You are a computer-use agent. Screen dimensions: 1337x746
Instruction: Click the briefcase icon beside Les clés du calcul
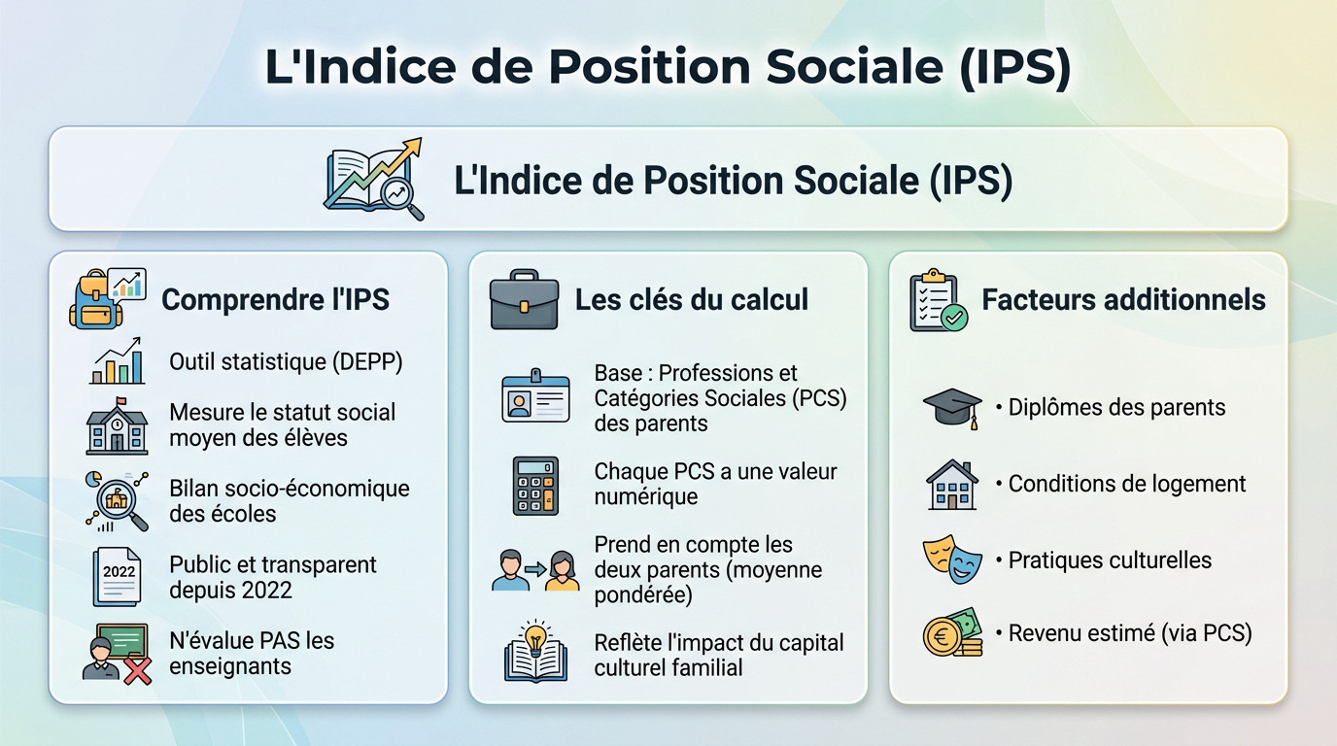524,299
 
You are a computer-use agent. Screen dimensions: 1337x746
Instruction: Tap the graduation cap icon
952,408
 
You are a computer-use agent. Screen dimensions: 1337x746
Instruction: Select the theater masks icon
952,559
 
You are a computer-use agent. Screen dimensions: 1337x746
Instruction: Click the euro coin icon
942,637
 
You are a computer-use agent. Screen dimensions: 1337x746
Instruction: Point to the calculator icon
535,486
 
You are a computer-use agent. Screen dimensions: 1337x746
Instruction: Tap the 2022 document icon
117,577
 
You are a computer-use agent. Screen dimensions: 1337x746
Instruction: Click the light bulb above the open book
535,637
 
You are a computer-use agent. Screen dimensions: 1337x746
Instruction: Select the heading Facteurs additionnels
1123,299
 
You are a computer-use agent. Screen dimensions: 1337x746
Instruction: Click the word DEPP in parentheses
367,361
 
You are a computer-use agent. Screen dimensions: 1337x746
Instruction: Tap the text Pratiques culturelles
1110,560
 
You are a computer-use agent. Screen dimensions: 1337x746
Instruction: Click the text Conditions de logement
1127,484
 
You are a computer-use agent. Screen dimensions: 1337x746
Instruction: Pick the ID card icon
535,395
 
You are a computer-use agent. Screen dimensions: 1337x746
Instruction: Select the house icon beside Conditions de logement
952,485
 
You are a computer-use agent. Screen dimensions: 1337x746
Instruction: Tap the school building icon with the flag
117,425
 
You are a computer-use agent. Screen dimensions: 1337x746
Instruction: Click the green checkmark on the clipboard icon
954,317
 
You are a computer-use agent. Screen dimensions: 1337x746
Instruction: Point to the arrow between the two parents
535,569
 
